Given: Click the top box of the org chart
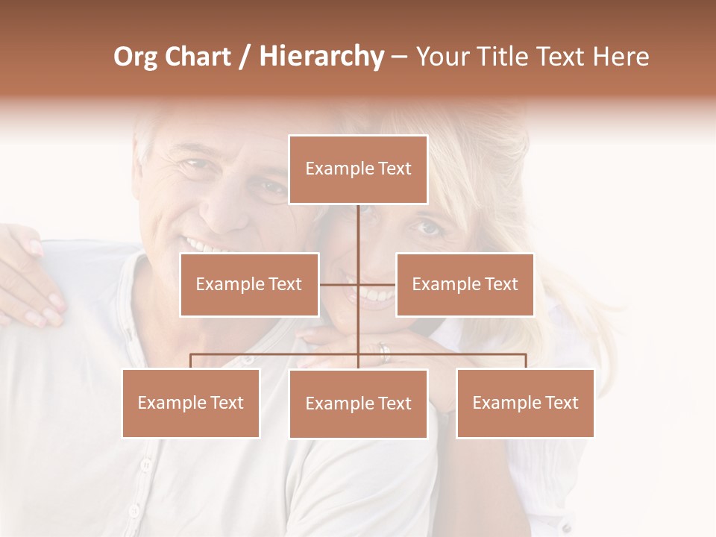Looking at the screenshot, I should [358, 169].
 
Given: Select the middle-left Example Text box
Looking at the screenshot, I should [249, 284].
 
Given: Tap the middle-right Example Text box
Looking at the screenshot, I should [465, 284].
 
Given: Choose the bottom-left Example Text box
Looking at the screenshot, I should [191, 403].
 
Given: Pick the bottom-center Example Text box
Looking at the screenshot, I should [358, 403].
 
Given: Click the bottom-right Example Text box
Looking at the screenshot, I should [525, 403].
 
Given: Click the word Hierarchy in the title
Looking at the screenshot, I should [321, 57].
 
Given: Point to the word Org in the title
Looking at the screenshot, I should [135, 57].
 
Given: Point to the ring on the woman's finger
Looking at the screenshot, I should [383, 352].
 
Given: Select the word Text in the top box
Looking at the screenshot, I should [394, 169].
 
